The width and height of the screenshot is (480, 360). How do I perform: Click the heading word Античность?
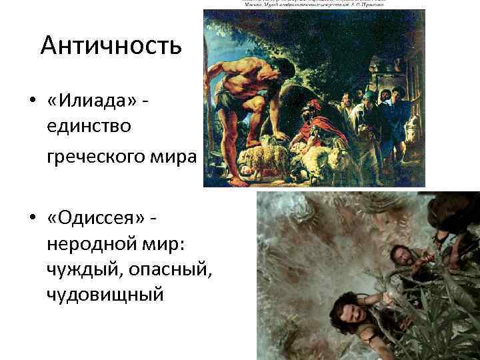[111, 46]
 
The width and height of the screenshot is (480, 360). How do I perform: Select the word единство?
[92, 125]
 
